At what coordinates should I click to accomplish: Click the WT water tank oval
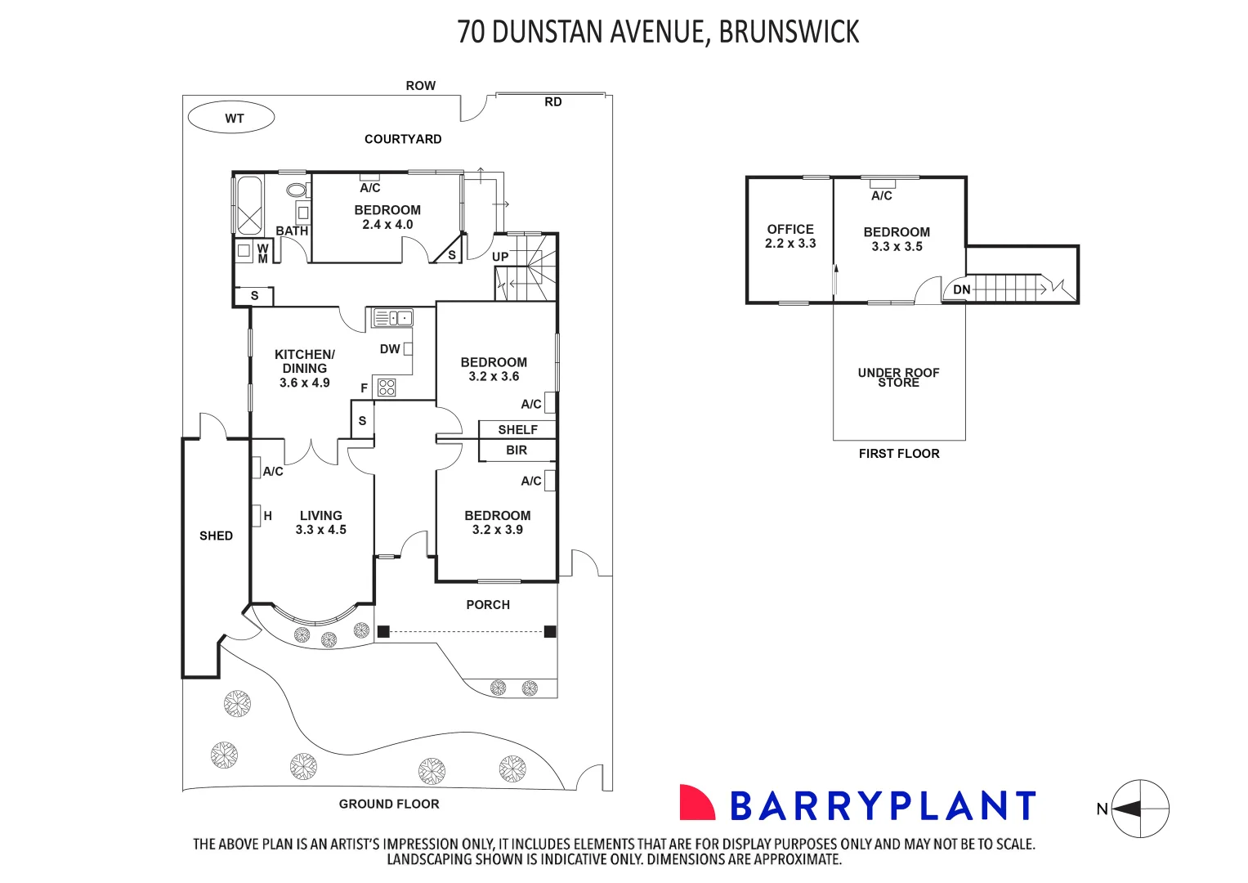(x=231, y=118)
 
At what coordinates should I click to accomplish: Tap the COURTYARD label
(x=403, y=139)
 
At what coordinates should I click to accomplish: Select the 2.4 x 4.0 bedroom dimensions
(x=387, y=225)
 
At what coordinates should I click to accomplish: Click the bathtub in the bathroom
(x=249, y=204)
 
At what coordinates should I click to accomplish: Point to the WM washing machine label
(x=262, y=253)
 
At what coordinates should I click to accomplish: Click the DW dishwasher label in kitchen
(x=390, y=349)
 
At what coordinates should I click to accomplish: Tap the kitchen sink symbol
(x=393, y=317)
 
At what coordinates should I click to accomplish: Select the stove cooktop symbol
(x=387, y=388)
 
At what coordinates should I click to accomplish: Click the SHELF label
(x=517, y=429)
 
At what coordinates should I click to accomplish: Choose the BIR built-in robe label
(x=517, y=450)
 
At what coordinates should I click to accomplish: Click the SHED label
(x=216, y=536)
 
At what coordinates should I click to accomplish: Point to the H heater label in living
(x=267, y=516)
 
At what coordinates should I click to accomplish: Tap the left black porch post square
(x=383, y=631)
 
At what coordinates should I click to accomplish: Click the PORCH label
(x=488, y=605)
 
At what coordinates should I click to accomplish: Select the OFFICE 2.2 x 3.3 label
(x=790, y=236)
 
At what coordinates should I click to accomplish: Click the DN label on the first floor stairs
(x=962, y=289)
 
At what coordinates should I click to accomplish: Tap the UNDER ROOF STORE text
(x=898, y=377)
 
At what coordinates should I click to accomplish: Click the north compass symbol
(x=1140, y=809)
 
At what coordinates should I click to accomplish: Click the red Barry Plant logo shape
(x=696, y=803)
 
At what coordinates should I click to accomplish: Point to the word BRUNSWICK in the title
(x=789, y=32)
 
